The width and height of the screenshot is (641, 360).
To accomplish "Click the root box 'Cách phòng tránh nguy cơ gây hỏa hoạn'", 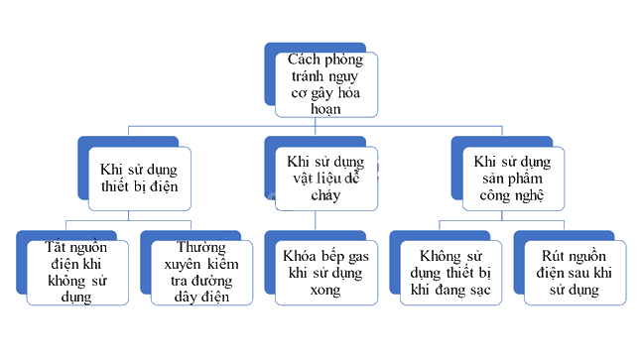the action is [x=326, y=84].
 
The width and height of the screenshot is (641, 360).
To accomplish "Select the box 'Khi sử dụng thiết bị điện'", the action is [x=139, y=179].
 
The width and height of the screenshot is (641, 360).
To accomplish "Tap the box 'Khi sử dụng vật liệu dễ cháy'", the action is [x=326, y=179].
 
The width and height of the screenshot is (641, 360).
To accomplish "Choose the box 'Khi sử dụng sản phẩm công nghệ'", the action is [x=513, y=179].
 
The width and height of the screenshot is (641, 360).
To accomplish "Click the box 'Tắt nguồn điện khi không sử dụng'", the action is [x=77, y=273].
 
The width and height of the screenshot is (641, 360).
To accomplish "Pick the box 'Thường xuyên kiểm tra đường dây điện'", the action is [x=201, y=273].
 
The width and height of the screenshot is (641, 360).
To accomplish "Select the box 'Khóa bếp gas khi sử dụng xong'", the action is [x=326, y=273].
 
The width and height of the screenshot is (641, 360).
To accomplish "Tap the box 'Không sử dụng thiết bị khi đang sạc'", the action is [x=450, y=273].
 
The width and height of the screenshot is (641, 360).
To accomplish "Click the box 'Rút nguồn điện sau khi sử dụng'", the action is [x=575, y=273].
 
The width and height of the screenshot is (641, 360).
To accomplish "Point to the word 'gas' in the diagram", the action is [x=358, y=258].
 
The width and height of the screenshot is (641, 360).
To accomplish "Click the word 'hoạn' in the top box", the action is [x=325, y=109].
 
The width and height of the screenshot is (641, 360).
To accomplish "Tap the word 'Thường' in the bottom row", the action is [x=201, y=248].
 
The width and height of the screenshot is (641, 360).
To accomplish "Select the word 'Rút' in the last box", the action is [x=553, y=256].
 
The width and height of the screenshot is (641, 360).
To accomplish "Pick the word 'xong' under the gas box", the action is [x=325, y=291].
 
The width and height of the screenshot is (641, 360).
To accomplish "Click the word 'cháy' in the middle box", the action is [x=325, y=195].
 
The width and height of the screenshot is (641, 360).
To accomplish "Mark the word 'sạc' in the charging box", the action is [x=480, y=291].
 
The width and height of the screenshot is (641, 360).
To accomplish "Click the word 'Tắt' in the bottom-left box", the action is [x=56, y=247].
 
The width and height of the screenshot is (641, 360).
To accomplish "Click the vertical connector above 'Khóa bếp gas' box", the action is [x=316, y=220].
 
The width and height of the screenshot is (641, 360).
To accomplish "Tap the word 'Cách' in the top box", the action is [x=304, y=60].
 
